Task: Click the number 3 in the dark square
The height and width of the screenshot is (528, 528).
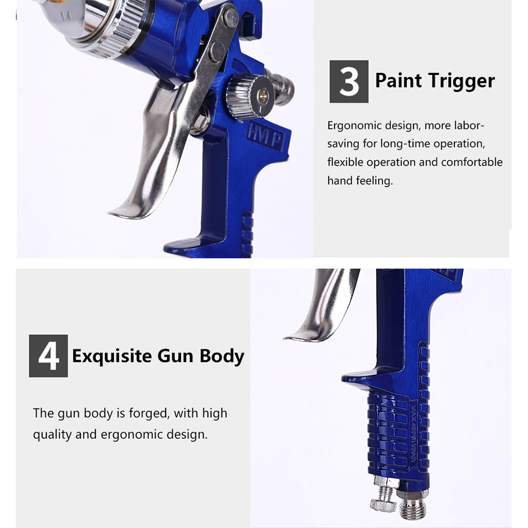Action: (x=349, y=82)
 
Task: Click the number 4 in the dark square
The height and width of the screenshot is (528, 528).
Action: (x=49, y=356)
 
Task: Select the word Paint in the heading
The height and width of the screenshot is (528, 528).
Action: (x=398, y=81)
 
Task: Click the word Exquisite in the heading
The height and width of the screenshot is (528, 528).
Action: (x=112, y=357)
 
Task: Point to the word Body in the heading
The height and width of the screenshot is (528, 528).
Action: (x=222, y=357)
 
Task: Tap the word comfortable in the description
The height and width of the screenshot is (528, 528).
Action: (x=472, y=162)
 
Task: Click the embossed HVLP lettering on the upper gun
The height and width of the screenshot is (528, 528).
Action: (x=266, y=137)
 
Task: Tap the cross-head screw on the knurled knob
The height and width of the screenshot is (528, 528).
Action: (x=263, y=97)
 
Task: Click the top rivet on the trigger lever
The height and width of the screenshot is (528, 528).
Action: (x=231, y=18)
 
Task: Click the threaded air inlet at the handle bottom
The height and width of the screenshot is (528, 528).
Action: (x=412, y=505)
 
